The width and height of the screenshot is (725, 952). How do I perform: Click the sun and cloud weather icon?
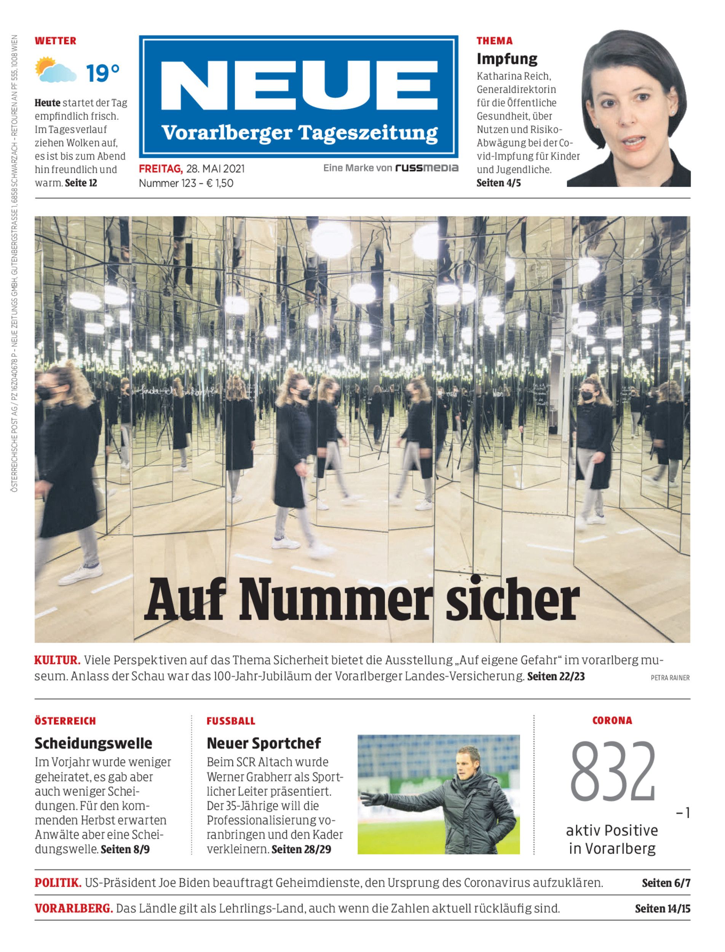[55, 70]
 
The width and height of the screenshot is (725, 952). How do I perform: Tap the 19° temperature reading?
[102, 73]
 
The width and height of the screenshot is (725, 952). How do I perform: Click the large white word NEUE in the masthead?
[299, 85]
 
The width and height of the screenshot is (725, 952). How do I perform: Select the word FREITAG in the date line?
[161, 169]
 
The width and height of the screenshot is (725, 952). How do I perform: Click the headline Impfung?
[507, 59]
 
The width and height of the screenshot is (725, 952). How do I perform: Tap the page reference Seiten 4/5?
[498, 183]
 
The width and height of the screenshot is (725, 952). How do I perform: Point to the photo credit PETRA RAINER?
[670, 678]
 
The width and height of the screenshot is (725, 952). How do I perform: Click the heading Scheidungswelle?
[93, 743]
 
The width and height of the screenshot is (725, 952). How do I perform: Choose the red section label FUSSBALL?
[231, 721]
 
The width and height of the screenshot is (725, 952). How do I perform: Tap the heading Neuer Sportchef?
[263, 743]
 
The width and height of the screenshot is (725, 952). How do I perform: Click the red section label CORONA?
[612, 720]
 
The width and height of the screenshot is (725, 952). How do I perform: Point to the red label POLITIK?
[58, 883]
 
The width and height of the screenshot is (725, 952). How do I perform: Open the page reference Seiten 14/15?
[663, 909]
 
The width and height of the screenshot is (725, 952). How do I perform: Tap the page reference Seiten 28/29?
[301, 849]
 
